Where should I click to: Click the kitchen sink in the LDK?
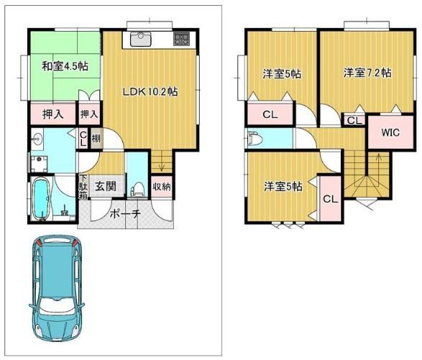click(141, 40)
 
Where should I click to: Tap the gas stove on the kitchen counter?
click(182, 39)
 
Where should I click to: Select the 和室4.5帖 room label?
click(65, 66)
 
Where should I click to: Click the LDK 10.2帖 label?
click(150, 92)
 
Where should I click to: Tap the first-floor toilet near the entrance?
click(137, 189)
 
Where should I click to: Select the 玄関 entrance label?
click(106, 186)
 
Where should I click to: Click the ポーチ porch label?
click(125, 214)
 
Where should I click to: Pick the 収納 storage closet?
click(162, 187)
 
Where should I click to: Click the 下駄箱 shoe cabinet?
click(83, 187)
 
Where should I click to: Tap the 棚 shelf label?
click(96, 138)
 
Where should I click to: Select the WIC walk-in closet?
click(390, 132)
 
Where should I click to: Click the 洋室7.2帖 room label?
click(367, 73)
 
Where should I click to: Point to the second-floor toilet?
click(255, 138)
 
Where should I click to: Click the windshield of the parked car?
click(57, 306)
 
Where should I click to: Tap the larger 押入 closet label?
click(53, 114)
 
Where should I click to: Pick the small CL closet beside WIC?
click(354, 120)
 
